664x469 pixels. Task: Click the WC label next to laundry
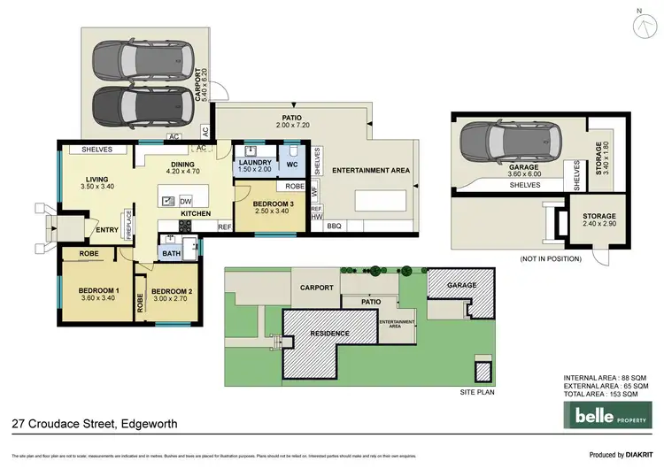(x=293, y=164)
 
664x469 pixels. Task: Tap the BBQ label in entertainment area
(x=334, y=227)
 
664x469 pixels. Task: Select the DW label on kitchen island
(x=185, y=199)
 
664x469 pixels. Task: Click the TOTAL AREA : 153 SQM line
(x=606, y=396)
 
